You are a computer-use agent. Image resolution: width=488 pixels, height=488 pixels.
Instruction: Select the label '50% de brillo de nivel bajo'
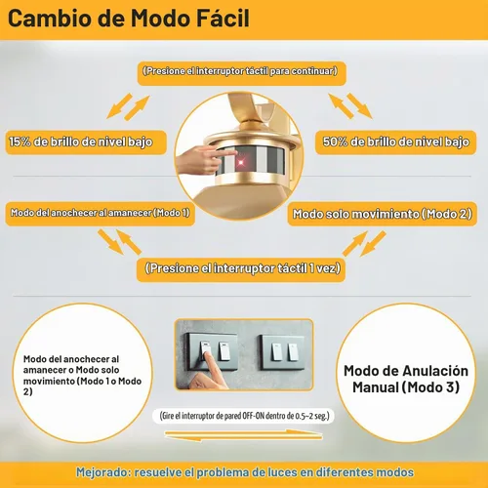(x=395, y=142)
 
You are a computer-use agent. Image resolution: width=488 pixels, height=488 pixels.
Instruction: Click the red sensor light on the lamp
(x=241, y=162)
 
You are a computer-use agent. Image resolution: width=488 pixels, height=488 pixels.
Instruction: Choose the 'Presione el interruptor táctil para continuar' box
(x=241, y=73)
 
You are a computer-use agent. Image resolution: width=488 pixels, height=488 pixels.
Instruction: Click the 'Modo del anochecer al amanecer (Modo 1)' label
(x=101, y=214)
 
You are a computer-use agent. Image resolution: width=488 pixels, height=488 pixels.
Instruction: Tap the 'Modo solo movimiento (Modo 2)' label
(x=383, y=214)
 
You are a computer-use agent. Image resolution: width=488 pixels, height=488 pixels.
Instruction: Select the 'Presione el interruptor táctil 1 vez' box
(x=241, y=269)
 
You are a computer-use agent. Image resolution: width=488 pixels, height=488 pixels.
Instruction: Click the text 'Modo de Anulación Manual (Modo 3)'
(x=406, y=379)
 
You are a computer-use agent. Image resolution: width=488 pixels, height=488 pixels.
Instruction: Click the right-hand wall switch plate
(x=282, y=352)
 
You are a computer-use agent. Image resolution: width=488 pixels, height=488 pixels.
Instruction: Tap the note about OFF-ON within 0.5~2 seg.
(x=244, y=416)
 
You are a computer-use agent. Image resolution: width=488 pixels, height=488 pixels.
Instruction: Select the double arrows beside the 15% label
(x=128, y=106)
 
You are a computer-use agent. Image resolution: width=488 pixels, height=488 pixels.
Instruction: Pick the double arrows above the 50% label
(x=350, y=105)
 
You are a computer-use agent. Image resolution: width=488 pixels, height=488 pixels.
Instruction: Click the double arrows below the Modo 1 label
(x=119, y=242)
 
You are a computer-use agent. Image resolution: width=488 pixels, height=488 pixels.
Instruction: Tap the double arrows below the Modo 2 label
(x=364, y=243)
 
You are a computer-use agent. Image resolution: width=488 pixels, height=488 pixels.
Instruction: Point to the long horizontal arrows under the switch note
(x=243, y=435)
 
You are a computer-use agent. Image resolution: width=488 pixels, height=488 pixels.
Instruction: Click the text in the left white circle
(x=82, y=375)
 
